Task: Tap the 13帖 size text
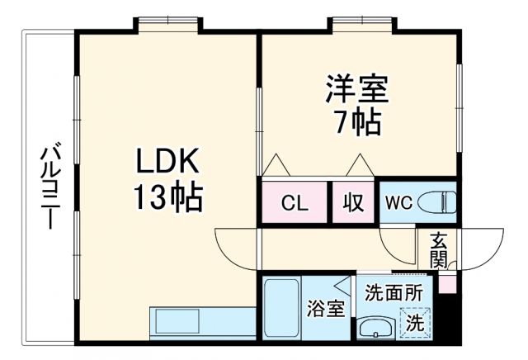point(168,197)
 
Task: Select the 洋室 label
point(357,88)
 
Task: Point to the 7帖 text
point(357,122)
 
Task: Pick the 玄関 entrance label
point(438,250)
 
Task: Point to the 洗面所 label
point(394,291)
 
